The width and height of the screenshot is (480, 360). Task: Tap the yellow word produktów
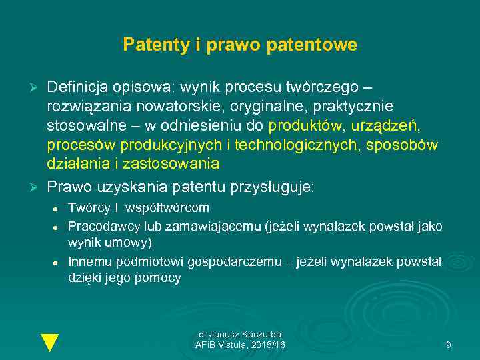tap(307, 127)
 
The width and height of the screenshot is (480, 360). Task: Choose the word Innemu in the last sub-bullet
tap(89, 262)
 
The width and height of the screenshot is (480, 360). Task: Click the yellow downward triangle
tap(50, 341)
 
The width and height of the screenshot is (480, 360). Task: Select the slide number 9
tap(448, 345)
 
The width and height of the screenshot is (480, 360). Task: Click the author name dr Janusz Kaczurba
tap(240, 334)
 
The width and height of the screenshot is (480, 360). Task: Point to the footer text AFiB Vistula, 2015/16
tap(240, 345)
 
